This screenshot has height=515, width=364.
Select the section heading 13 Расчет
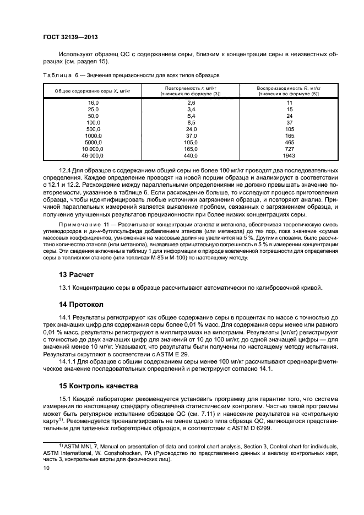pyautogui.click(x=77, y=274)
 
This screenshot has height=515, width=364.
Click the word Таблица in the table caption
pyautogui.click(x=58, y=74)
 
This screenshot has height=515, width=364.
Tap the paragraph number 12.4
pyautogui.click(x=65, y=171)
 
